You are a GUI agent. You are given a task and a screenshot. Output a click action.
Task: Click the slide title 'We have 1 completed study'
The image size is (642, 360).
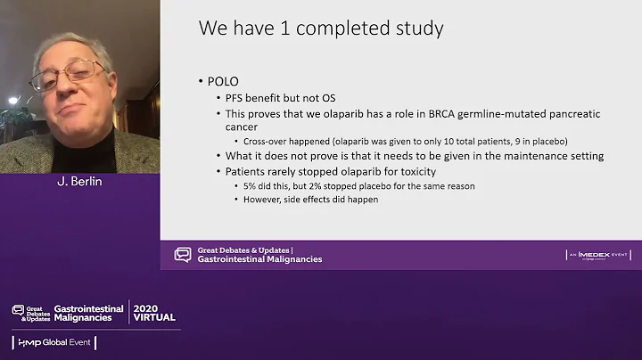pos(321,29)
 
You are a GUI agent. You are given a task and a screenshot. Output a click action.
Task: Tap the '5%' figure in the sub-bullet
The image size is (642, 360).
pos(251,185)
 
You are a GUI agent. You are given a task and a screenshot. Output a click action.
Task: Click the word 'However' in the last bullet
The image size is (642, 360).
pos(263,200)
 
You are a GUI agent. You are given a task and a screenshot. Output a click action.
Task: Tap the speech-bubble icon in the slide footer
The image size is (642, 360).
pos(183,255)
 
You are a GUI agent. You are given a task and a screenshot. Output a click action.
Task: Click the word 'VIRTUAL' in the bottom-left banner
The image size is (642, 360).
pos(153,317)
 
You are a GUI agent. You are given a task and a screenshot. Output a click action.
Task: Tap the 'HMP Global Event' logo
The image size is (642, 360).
pos(54,343)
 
